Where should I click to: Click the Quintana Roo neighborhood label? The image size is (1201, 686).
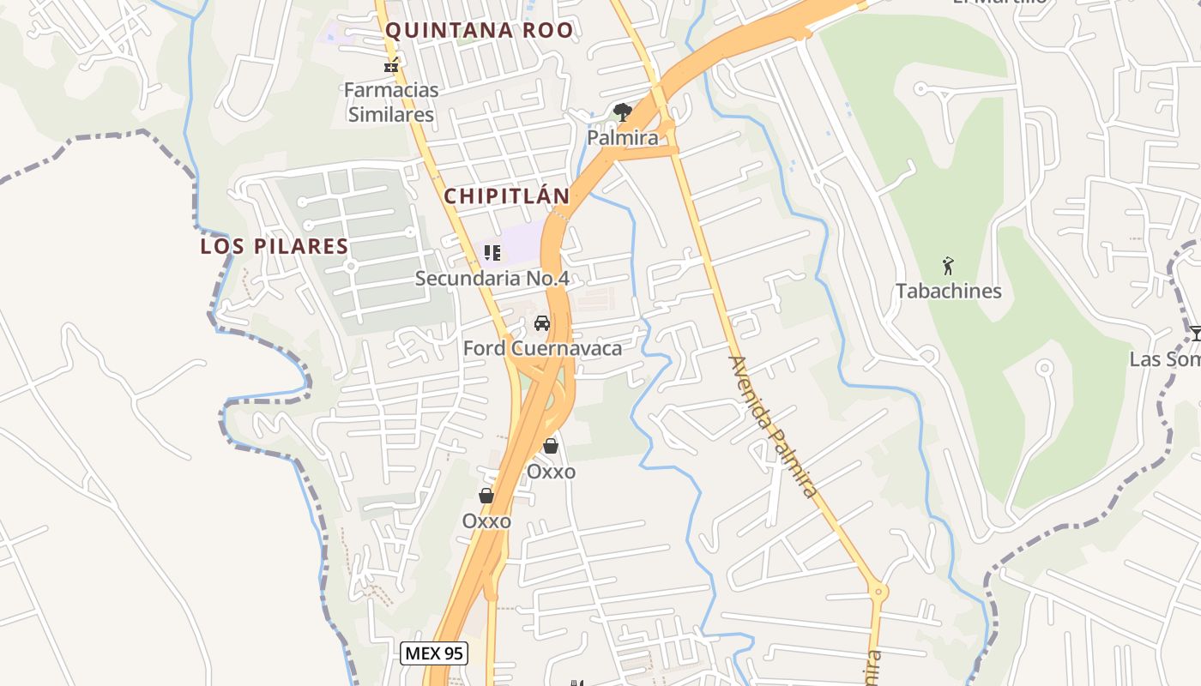pyautogui.click(x=479, y=31)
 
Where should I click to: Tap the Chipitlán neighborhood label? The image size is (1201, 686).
pyautogui.click(x=506, y=196)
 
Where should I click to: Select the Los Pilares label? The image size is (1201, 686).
pyautogui.click(x=275, y=247)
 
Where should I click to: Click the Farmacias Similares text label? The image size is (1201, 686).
pyautogui.click(x=391, y=102)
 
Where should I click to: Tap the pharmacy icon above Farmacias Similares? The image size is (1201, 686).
pyautogui.click(x=392, y=64)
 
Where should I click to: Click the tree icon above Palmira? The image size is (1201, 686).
pyautogui.click(x=623, y=111)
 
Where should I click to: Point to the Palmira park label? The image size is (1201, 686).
pyautogui.click(x=623, y=137)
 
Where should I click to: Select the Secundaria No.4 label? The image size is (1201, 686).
pyautogui.click(x=492, y=279)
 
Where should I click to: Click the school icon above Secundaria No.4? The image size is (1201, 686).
pyautogui.click(x=492, y=252)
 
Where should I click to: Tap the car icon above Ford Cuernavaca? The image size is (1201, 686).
pyautogui.click(x=542, y=323)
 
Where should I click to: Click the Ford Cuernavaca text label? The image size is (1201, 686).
pyautogui.click(x=542, y=348)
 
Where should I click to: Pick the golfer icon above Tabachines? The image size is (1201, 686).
pyautogui.click(x=948, y=266)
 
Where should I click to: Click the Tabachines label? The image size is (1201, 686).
pyautogui.click(x=949, y=291)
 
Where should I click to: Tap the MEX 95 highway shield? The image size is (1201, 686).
pyautogui.click(x=434, y=653)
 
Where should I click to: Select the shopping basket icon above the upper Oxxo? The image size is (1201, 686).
pyautogui.click(x=551, y=446)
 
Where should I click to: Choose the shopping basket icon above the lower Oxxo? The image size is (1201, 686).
pyautogui.click(x=486, y=496)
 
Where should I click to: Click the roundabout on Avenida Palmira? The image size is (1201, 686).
pyautogui.click(x=877, y=591)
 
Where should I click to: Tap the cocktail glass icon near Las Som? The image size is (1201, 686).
pyautogui.click(x=1195, y=333)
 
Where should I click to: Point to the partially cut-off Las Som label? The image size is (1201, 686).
pyautogui.click(x=1165, y=359)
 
